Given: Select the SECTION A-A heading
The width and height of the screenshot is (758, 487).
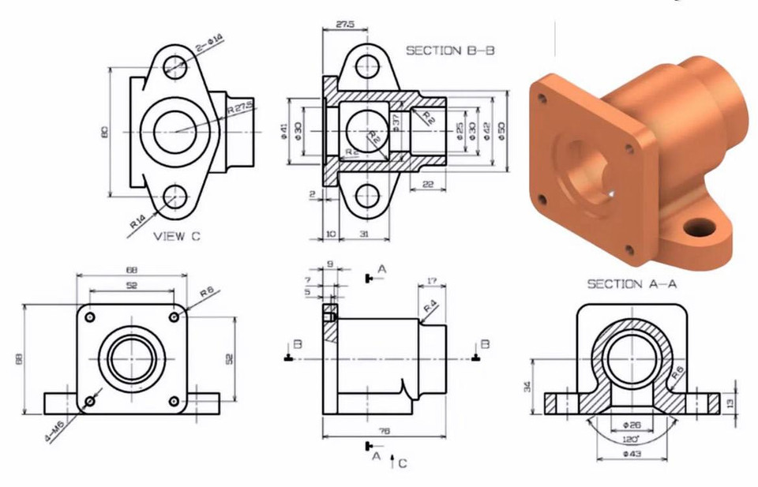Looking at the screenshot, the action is coord(632,284).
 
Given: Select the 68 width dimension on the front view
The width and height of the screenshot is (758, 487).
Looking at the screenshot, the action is coord(131,270).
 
